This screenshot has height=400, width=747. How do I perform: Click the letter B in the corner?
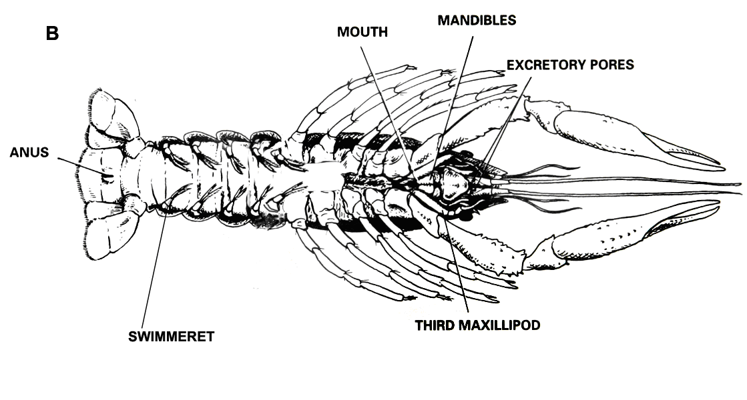click(52, 33)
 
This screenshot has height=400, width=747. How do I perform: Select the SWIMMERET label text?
click(171, 337)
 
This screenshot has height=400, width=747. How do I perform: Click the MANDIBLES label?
click(477, 20)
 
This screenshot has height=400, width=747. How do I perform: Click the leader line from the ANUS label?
click(80, 165)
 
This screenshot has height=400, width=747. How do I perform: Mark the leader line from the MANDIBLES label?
click(461, 87)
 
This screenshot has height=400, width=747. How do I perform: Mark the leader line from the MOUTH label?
click(391, 107)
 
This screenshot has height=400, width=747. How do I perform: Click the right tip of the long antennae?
click(738, 184)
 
